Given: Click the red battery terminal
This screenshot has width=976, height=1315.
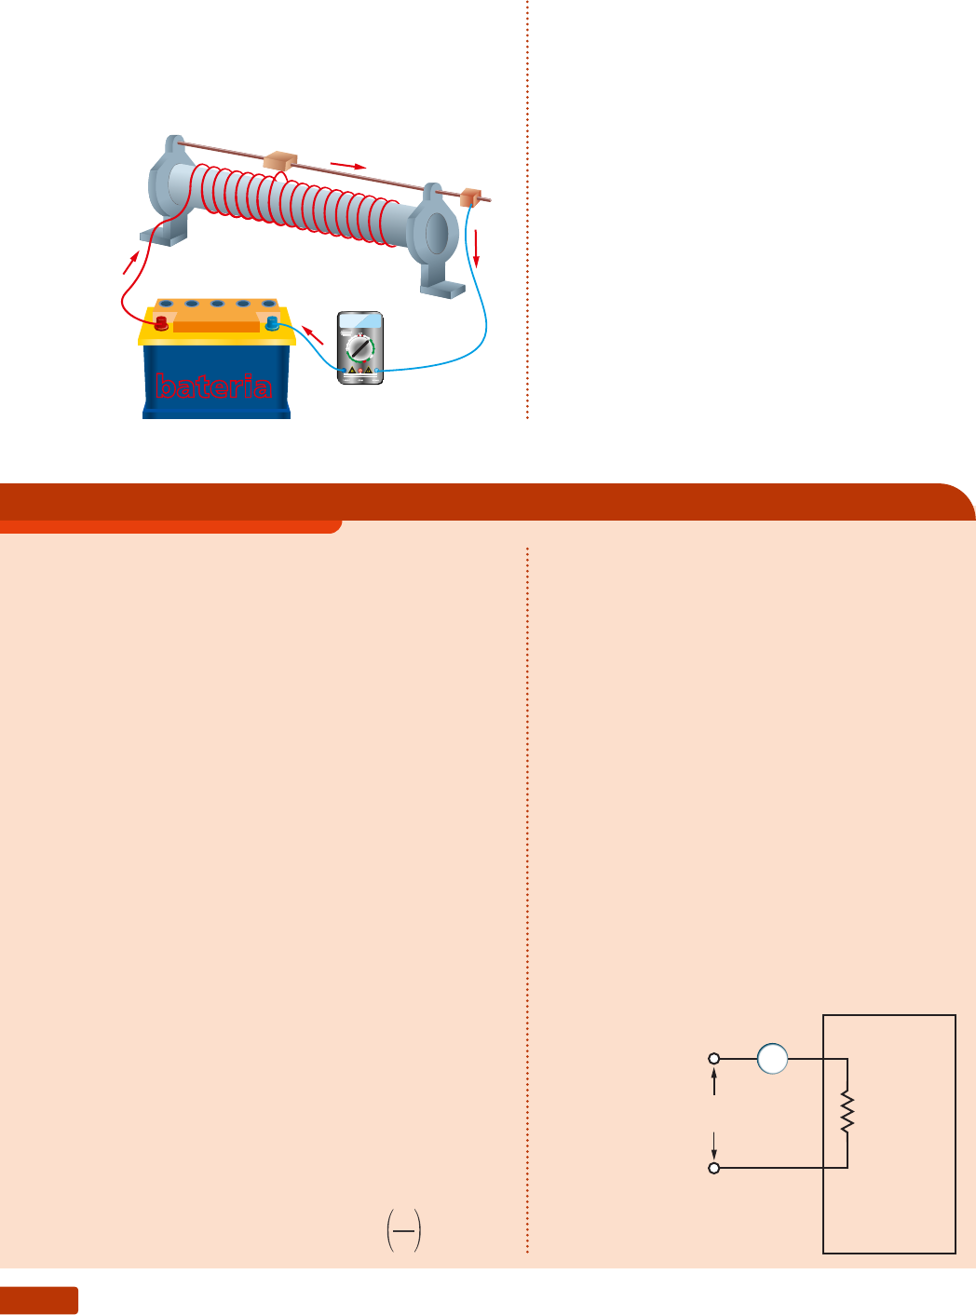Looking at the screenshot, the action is pos(161,323).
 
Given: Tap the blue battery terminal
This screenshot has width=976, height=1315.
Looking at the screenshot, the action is pos(272,323).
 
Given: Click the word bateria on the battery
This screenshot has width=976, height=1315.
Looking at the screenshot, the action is pos(214,386).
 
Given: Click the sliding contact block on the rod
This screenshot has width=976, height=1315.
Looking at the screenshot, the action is pos(278,161).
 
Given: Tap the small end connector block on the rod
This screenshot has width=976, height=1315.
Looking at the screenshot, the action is pos(469,197).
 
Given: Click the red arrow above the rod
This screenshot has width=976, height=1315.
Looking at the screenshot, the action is pos(348,166).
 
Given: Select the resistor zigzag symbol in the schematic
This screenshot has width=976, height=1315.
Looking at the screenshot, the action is pos(847,1113).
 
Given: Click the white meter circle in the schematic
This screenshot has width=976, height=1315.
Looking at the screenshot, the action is pos(772,1059).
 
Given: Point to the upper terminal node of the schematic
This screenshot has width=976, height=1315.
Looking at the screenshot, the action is pos(714,1059).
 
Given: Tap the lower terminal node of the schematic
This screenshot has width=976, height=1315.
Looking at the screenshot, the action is pos(714,1168).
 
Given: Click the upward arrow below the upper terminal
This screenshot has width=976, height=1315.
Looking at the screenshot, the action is pos(714,1082).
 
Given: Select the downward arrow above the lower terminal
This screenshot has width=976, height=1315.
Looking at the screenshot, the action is pos(714,1145).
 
